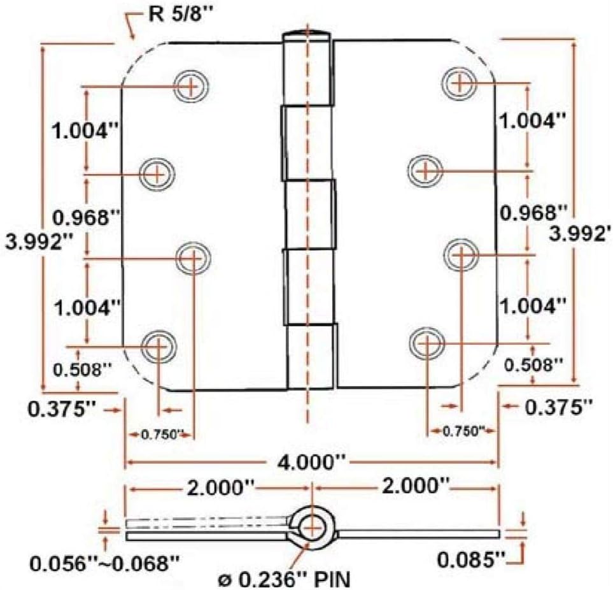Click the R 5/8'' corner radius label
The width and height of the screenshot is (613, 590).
tap(174, 14)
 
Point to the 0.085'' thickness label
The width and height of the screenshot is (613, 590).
tap(470, 560)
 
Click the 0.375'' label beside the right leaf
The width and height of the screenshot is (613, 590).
tap(558, 406)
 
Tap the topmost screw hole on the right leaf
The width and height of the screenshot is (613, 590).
tap(459, 82)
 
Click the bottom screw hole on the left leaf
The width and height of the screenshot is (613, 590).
tap(157, 346)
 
